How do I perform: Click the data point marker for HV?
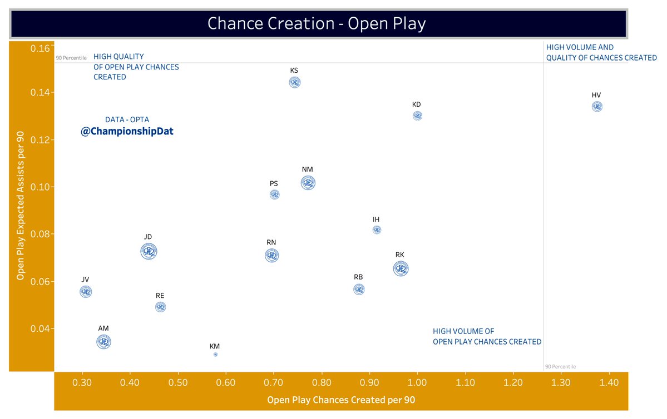point(597,107)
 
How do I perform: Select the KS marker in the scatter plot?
point(295,82)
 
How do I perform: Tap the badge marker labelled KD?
point(417,116)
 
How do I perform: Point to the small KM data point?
point(215,354)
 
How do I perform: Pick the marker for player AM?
point(103,342)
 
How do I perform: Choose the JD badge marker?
point(149,251)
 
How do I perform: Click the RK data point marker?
point(401,269)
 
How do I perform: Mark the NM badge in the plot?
point(308,183)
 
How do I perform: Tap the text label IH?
point(376,220)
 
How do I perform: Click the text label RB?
point(358,277)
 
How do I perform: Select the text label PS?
point(274,183)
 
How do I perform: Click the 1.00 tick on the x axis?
point(417,382)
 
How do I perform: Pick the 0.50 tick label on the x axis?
point(178,382)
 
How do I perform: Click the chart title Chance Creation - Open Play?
point(317,23)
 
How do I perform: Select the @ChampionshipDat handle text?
point(127,132)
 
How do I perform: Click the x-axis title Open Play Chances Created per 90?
point(341,400)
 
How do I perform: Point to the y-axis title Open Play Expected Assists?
point(21,208)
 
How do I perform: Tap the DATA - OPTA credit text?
point(127,119)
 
